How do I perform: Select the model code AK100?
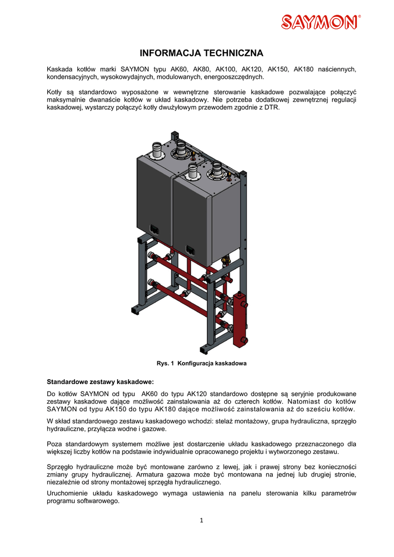(226, 69)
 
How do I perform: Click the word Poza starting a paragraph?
(55, 443)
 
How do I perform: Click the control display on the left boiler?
(153, 230)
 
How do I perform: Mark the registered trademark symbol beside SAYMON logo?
(360, 17)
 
